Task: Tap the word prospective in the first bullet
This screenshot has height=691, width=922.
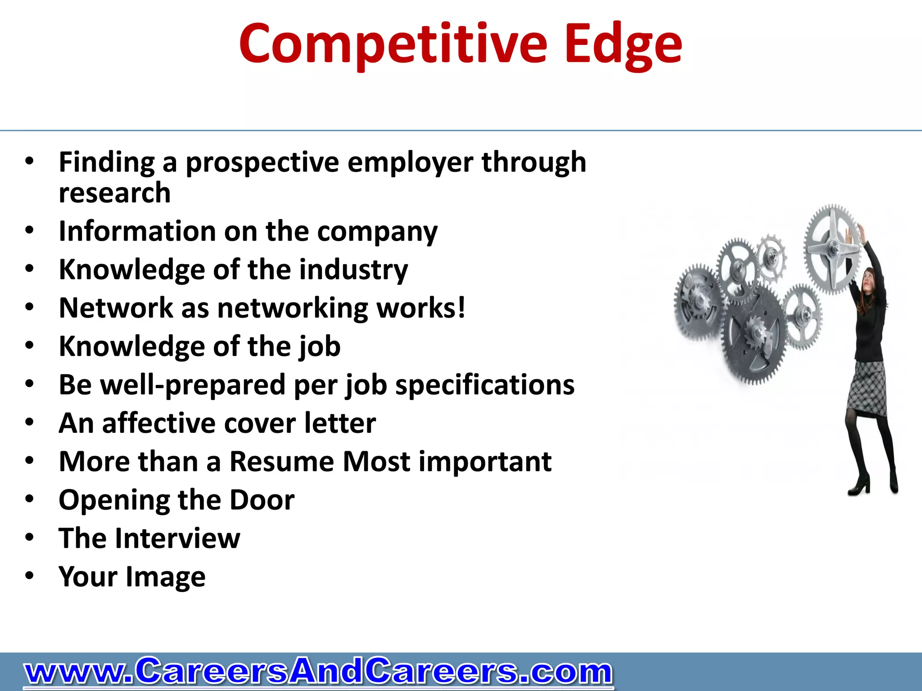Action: (262, 163)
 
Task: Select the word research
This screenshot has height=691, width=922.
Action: (115, 193)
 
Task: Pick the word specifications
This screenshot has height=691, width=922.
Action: (485, 386)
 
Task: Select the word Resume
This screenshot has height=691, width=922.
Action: (281, 462)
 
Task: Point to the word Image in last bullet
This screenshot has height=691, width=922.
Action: (165, 577)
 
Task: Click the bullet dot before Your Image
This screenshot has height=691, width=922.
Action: (30, 575)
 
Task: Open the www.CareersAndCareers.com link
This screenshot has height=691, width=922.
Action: (318, 672)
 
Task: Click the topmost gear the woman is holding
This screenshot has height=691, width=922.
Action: (832, 248)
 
